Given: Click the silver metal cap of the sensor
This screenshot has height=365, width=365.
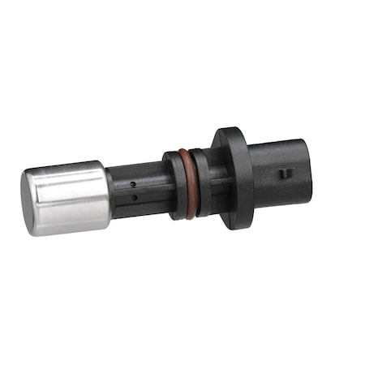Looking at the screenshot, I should coord(69,198).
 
